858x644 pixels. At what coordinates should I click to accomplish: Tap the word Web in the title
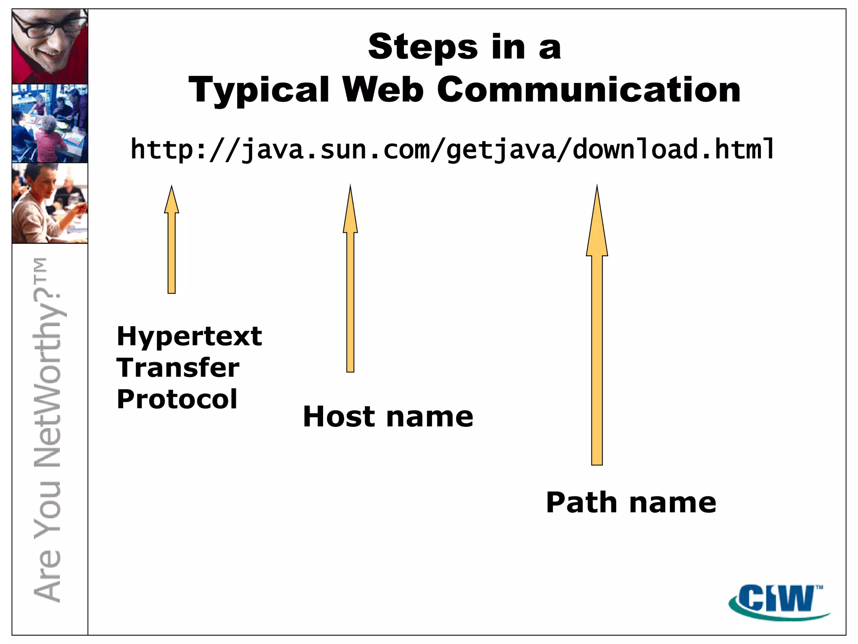click(x=383, y=90)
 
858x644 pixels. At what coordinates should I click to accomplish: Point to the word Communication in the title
click(x=589, y=90)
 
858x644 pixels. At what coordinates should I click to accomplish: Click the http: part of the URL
click(x=169, y=149)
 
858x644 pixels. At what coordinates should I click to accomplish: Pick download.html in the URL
click(x=674, y=149)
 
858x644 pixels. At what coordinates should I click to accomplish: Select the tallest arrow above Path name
click(x=597, y=335)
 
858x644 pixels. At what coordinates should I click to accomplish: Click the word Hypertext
click(x=189, y=337)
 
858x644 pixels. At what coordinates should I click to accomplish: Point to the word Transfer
click(x=178, y=368)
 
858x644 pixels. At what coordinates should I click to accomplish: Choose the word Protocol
click(x=177, y=399)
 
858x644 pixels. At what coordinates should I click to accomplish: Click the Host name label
click(x=388, y=417)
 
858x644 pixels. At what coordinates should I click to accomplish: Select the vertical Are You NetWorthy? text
click(x=48, y=430)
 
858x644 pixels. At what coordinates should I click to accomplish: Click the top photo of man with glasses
click(x=50, y=46)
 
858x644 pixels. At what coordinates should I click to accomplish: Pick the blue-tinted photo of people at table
click(x=50, y=123)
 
